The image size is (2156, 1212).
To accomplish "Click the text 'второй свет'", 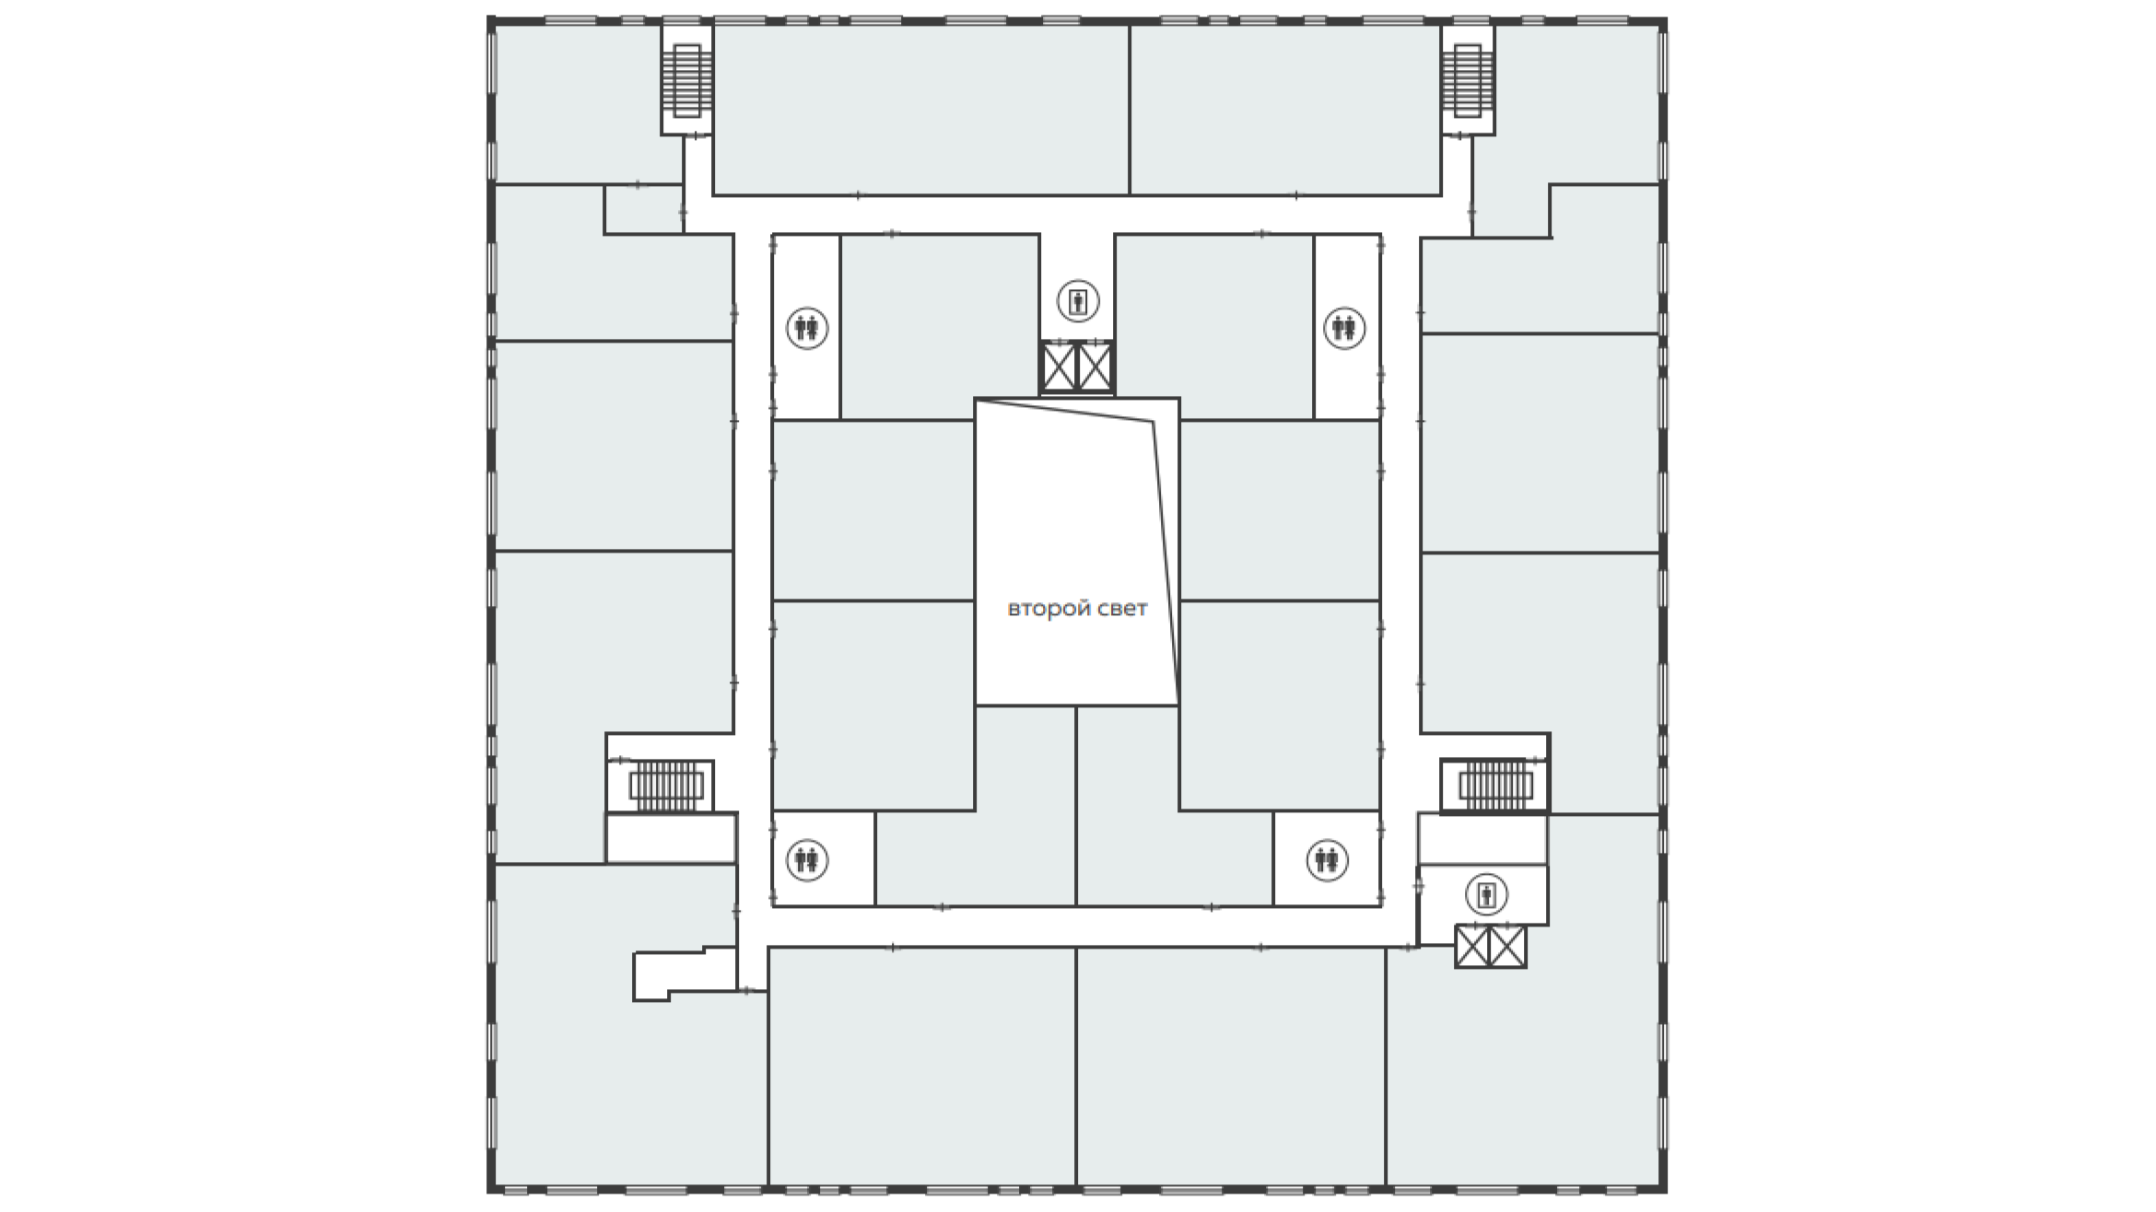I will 1077,609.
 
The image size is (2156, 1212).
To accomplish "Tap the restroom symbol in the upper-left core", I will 807,328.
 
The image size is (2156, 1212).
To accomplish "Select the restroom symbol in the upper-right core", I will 1343,328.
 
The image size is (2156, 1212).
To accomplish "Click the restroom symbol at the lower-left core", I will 807,860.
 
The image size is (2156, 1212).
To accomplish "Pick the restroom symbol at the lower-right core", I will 1327,860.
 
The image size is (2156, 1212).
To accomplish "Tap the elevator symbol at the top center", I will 1077,301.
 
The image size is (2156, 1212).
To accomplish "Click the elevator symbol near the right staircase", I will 1485,893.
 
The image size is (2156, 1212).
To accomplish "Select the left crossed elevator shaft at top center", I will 1059,367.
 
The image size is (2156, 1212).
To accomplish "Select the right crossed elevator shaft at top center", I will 1096,367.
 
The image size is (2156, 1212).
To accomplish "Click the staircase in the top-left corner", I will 686,81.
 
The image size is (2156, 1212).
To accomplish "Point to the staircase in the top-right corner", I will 1467,81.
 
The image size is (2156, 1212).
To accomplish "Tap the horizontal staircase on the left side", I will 665,786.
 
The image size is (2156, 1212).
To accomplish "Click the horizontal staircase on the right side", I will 1494,786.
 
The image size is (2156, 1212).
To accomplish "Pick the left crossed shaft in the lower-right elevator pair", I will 1472,946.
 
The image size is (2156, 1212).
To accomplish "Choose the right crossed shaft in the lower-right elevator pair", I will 1508,946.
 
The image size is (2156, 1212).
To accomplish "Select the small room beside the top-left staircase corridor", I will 642,210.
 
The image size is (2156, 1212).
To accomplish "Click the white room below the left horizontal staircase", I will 670,838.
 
